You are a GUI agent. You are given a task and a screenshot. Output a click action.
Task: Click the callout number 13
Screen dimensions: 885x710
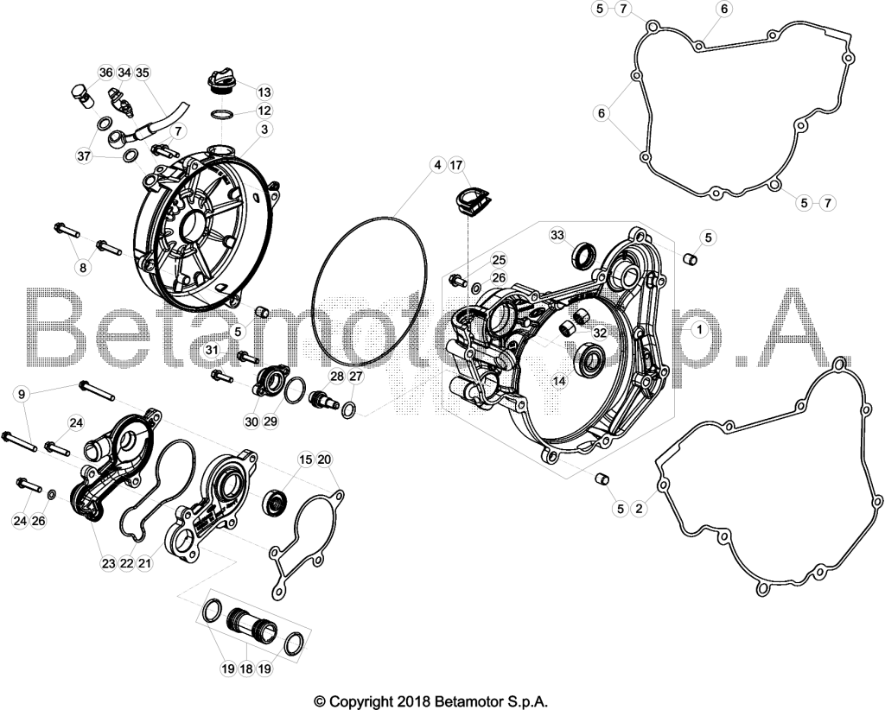point(264,92)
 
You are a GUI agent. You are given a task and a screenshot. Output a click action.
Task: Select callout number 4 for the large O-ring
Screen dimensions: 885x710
point(436,165)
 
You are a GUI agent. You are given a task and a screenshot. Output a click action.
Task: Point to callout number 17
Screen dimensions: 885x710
point(456,165)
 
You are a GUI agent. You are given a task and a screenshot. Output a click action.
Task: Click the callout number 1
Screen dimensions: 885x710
point(699,329)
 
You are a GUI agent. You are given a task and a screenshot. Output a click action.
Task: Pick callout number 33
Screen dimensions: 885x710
point(557,235)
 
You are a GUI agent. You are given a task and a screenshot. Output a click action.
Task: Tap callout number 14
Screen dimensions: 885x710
point(559,381)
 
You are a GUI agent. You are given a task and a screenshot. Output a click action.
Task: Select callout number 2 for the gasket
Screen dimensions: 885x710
point(639,509)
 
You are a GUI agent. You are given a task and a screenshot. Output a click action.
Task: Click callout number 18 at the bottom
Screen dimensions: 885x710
point(246,669)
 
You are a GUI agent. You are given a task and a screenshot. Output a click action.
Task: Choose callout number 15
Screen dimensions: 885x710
point(305,460)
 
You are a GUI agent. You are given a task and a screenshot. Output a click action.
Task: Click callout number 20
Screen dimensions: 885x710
point(324,460)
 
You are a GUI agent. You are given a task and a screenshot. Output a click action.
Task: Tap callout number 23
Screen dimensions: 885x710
point(108,563)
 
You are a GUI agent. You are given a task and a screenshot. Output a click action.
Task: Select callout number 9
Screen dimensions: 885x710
point(22,394)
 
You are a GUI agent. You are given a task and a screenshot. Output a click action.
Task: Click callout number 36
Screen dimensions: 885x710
point(106,73)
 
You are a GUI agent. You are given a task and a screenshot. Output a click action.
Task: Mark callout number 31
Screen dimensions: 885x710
point(212,350)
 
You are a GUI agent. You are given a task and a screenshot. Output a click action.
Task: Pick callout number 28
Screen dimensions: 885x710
point(337,377)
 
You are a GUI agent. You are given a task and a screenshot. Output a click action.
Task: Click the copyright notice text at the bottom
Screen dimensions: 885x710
point(431,701)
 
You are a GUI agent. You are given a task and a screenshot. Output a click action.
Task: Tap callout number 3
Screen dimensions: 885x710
point(264,130)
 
